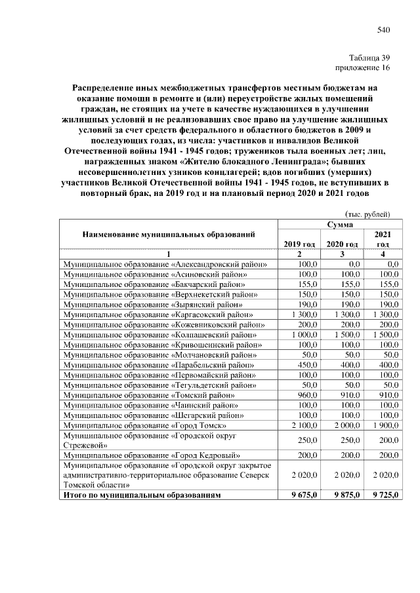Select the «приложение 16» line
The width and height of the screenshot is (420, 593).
[363, 67]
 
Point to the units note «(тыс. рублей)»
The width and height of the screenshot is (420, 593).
[368, 214]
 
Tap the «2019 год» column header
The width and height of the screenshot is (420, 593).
[299, 244]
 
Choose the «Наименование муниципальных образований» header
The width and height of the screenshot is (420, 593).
[169, 234]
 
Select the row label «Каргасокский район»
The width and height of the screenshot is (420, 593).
[163, 315]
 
